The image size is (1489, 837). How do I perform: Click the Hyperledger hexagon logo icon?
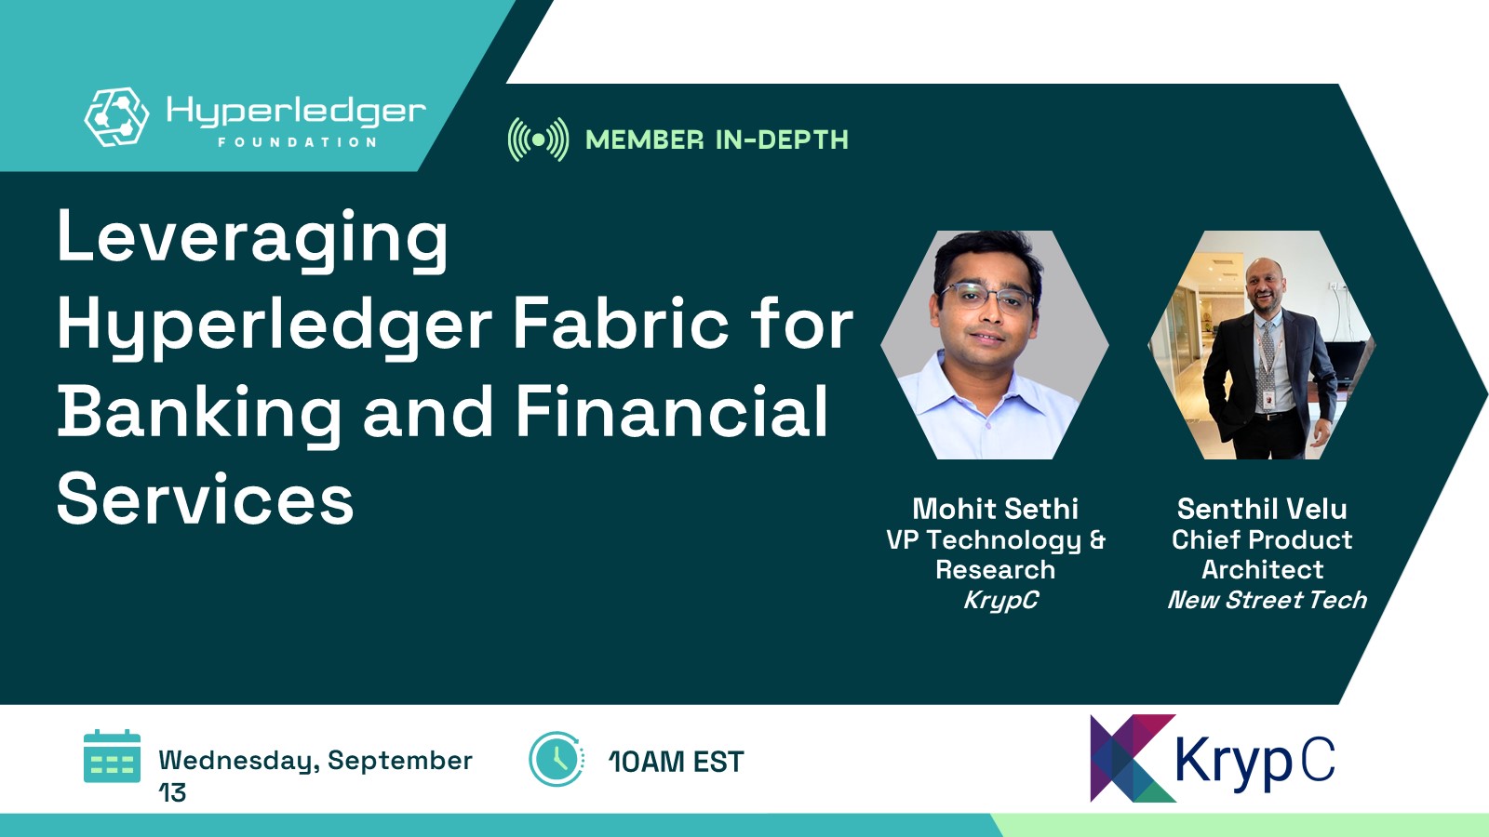coord(116,117)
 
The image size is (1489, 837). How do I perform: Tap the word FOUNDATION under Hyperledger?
coord(298,142)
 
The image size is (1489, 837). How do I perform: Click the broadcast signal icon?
coord(539,139)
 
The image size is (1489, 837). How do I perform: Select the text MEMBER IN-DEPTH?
coord(717,140)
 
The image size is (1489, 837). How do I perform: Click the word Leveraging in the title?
coord(252,240)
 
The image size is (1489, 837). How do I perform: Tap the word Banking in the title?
coord(199,413)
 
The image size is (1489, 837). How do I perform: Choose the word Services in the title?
coord(206,498)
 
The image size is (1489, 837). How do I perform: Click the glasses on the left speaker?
coord(987,297)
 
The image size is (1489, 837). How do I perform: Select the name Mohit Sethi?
coord(995,509)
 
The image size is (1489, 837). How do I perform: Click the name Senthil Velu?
coord(1262,509)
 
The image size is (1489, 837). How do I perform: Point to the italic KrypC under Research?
coord(1000,600)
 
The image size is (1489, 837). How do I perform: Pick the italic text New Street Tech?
coord(1268,600)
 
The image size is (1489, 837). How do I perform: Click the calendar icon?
coord(113,756)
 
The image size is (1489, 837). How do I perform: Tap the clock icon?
coord(557,759)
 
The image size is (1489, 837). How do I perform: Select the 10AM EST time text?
coord(676,762)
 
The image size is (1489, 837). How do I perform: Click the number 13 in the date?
coord(172,792)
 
